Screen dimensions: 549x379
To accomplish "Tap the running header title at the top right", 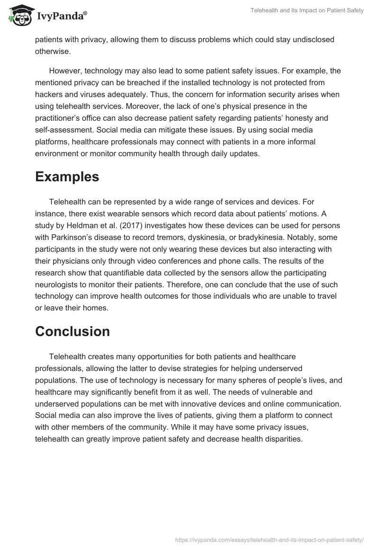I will pyautogui.click(x=307, y=10).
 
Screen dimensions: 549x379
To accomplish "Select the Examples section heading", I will pyautogui.click(x=67, y=177).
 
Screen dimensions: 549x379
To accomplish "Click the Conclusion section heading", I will pyautogui.click(x=72, y=331).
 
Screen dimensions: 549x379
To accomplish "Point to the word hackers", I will pyautogui.click(x=49, y=94).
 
